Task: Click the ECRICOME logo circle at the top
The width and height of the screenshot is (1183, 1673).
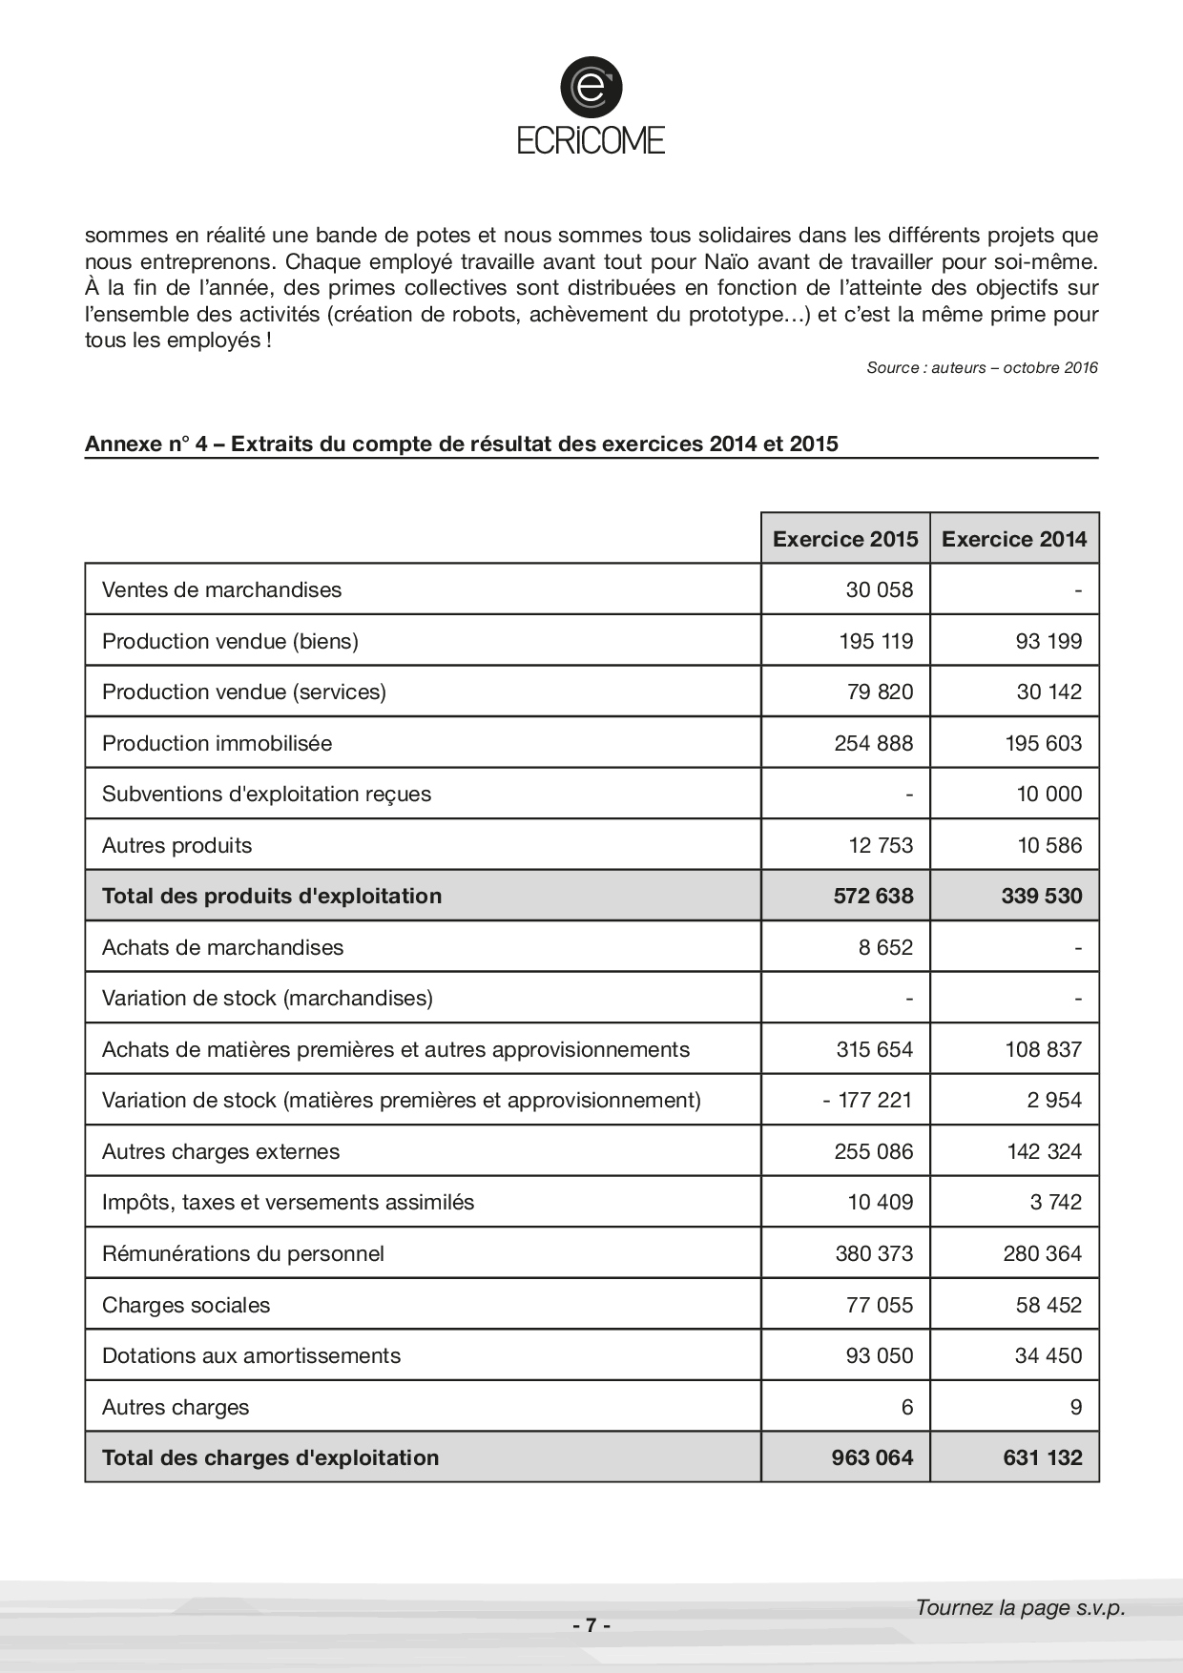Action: tap(591, 89)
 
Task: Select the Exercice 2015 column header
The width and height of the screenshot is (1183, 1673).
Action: tap(845, 539)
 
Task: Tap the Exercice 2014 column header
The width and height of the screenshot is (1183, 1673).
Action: tap(1014, 539)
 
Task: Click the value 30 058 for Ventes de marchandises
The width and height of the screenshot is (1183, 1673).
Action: tap(879, 589)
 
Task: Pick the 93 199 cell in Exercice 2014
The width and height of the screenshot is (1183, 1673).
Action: tap(1048, 641)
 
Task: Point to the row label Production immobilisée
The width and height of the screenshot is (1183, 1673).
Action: tap(217, 743)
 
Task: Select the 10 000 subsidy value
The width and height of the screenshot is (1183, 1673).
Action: tap(1048, 794)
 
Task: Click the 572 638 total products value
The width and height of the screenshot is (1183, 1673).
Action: tap(873, 896)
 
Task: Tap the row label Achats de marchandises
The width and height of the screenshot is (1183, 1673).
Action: tap(222, 947)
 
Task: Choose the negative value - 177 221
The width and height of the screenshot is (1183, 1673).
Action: tap(867, 1100)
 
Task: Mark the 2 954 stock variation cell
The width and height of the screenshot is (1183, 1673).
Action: tap(1054, 1100)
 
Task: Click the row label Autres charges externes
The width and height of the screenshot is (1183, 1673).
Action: tap(220, 1151)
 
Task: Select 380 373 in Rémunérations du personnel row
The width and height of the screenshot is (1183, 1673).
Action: tap(874, 1253)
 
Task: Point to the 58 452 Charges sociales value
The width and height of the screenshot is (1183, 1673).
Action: tap(1048, 1305)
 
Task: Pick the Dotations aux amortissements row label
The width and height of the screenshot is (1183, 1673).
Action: tap(251, 1355)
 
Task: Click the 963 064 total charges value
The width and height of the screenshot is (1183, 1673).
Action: tap(872, 1457)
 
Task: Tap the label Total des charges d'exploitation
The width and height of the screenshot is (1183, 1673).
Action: tap(270, 1457)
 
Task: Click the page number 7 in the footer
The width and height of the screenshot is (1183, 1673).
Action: tap(591, 1625)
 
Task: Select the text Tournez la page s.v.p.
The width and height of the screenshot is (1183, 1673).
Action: tap(1020, 1607)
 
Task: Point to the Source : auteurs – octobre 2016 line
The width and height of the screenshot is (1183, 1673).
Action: tap(982, 367)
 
